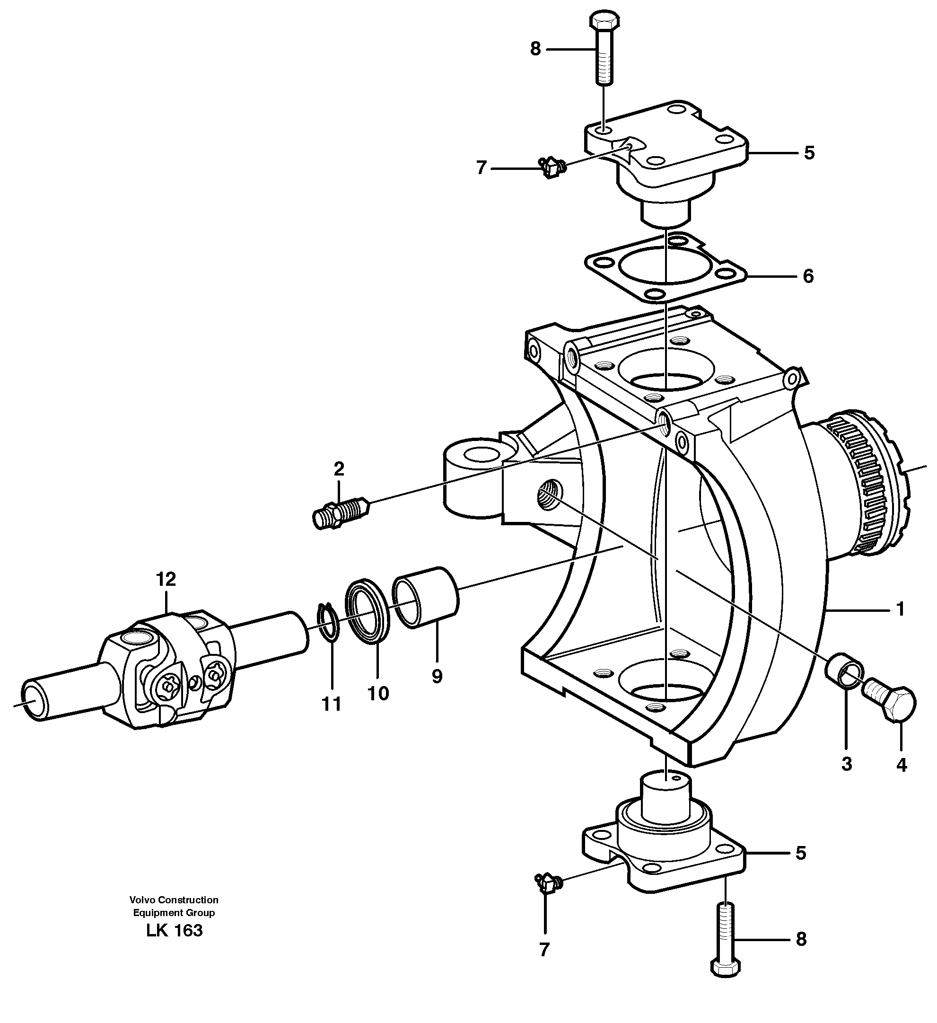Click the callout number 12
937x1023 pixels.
(x=166, y=579)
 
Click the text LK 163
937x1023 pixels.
(x=174, y=931)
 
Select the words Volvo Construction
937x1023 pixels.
(x=174, y=900)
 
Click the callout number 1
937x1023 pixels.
(x=901, y=609)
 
